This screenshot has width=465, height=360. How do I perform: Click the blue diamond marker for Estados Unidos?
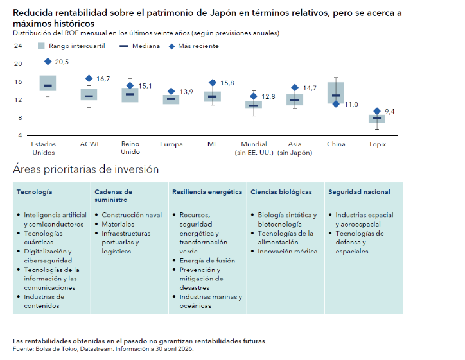click(x=48, y=62)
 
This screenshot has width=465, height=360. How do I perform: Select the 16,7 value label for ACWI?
click(x=103, y=79)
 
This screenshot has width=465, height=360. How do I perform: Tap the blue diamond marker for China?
click(x=336, y=104)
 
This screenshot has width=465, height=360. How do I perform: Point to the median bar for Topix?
click(x=376, y=117)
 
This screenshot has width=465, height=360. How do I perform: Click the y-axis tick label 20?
click(x=18, y=64)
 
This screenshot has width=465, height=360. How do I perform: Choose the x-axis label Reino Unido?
click(x=130, y=148)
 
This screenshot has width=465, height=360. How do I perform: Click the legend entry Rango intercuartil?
click(x=71, y=46)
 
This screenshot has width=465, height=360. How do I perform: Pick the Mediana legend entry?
click(x=139, y=46)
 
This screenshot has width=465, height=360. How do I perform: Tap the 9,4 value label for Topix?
click(x=390, y=112)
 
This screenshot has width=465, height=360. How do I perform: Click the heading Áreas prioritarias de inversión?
click(x=85, y=169)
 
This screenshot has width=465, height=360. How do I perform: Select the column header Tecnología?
click(x=35, y=192)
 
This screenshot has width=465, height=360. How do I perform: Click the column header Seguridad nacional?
click(x=359, y=192)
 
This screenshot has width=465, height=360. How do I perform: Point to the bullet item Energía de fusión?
click(x=207, y=261)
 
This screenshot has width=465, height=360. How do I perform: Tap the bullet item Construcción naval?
click(x=132, y=215)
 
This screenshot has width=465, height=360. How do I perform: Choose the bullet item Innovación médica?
click(x=287, y=252)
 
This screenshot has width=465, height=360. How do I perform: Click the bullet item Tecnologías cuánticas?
click(x=43, y=237)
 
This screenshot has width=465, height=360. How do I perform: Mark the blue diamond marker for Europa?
click(x=171, y=91)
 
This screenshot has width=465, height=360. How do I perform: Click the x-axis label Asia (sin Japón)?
click(x=295, y=148)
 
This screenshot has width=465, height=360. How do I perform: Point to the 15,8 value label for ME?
click(x=227, y=83)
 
